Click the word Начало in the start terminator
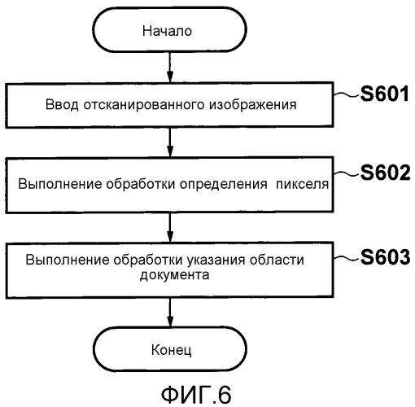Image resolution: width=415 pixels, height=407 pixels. (x=167, y=31)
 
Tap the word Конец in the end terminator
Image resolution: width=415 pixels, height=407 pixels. (x=171, y=350)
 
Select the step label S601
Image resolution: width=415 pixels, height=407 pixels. (x=385, y=94)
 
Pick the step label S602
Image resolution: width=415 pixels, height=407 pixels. (x=385, y=173)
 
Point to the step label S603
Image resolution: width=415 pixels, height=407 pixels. (x=385, y=256)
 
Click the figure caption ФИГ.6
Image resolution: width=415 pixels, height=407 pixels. (x=196, y=395)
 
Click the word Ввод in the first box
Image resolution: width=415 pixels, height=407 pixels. (x=62, y=105)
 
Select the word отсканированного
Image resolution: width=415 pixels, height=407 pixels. (x=144, y=105)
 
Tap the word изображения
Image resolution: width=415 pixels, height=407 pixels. (x=252, y=105)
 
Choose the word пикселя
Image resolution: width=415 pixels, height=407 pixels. (x=302, y=185)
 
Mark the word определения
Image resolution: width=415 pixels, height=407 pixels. (x=224, y=185)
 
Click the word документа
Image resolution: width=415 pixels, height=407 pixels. (x=174, y=275)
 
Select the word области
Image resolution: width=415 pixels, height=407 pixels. (x=277, y=260)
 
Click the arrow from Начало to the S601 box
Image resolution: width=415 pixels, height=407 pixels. (x=170, y=67)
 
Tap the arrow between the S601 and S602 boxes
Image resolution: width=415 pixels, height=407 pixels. (x=170, y=142)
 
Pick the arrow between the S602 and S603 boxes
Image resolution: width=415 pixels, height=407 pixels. (x=170, y=227)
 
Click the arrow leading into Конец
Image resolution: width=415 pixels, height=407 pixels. (x=170, y=313)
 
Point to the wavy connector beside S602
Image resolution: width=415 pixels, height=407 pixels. (x=347, y=173)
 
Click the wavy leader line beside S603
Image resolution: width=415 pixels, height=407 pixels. (x=347, y=258)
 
